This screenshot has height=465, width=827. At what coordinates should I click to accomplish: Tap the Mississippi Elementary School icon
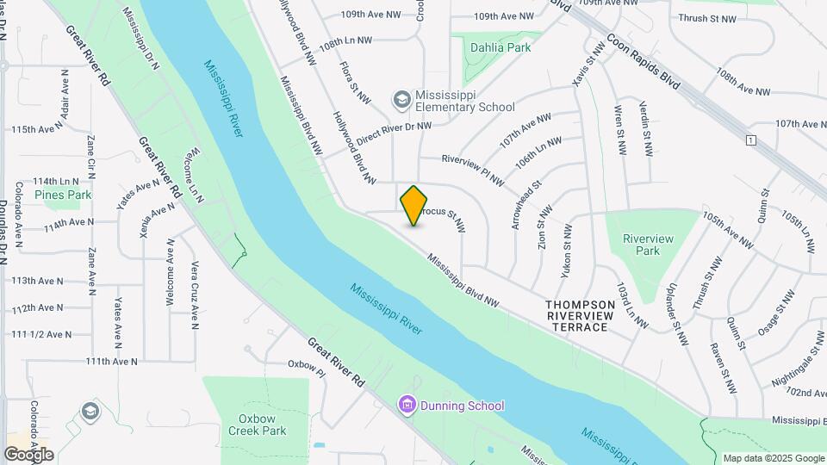click(401, 100)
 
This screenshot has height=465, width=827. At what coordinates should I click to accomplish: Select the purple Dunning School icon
click(407, 405)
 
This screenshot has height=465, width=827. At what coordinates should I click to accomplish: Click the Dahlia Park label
click(499, 47)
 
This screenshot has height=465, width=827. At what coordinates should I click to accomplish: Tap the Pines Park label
click(63, 195)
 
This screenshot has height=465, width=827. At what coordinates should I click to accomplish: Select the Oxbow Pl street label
click(307, 369)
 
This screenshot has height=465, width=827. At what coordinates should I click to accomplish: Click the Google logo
click(29, 454)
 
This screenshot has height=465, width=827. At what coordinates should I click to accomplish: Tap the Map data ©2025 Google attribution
click(772, 458)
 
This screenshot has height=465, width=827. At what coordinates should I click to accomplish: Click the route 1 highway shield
click(751, 139)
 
